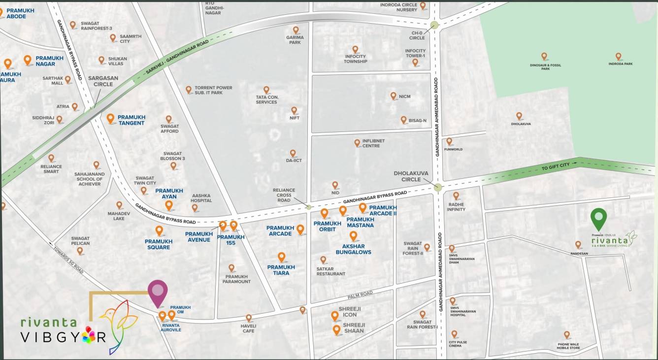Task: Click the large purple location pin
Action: pos(158,291)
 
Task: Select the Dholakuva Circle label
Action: pos(407,176)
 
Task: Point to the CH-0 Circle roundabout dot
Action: pos(434,26)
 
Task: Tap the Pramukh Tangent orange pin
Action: pos(111,119)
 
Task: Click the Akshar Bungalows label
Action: pos(353,249)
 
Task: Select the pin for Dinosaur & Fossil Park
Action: pos(544,56)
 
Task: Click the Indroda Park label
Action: pos(620,64)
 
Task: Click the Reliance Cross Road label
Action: pos(284,195)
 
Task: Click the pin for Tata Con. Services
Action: pos(266,90)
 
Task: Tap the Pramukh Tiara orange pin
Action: pos(281,257)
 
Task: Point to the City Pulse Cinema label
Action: pos(459,344)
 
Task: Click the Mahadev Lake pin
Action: pos(119,205)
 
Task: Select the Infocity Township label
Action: pos(355,59)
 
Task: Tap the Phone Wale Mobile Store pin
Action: pos(567,334)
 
